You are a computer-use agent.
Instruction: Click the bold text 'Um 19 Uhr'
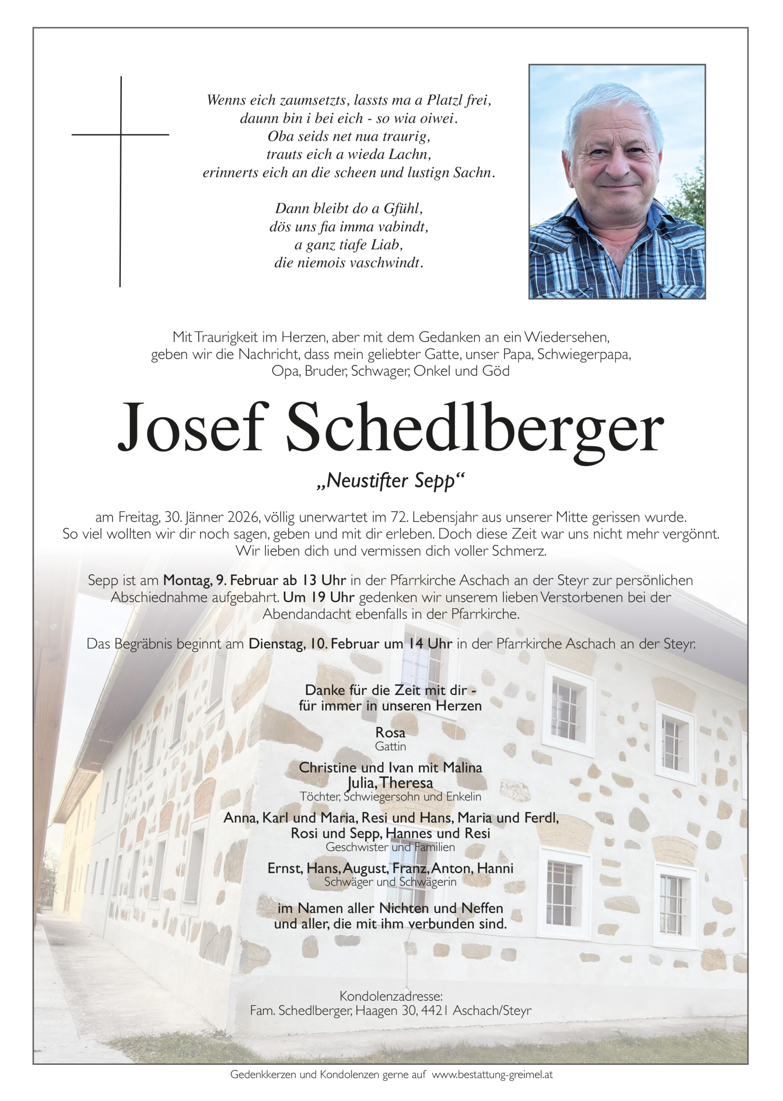click(319, 597)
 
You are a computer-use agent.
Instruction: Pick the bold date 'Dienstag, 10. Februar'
click(309, 644)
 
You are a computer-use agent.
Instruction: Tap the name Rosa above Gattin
click(391, 733)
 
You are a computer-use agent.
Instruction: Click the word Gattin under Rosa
click(391, 746)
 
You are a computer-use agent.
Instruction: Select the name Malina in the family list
click(462, 768)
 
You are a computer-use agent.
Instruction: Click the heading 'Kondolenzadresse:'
click(391, 996)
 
